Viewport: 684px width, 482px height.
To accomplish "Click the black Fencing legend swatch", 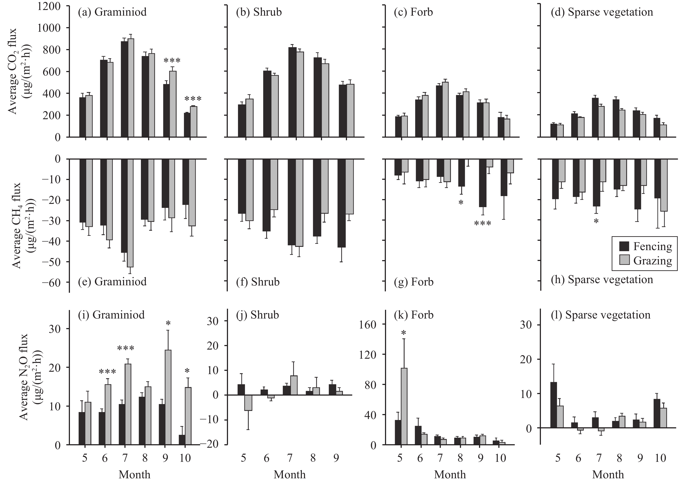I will click(624, 246).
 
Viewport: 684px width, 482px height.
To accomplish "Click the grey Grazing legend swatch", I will click(624, 260).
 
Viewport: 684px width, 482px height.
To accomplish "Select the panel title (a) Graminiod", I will click(112, 12).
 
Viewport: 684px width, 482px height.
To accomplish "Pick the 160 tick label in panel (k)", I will click(369, 324).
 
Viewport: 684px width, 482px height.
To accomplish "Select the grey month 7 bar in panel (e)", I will click(130, 213).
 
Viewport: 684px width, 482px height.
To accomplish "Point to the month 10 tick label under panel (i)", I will click(185, 457).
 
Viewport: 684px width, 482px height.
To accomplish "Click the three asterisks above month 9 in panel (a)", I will click(172, 61).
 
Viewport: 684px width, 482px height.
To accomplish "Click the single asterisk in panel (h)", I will click(596, 221).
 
